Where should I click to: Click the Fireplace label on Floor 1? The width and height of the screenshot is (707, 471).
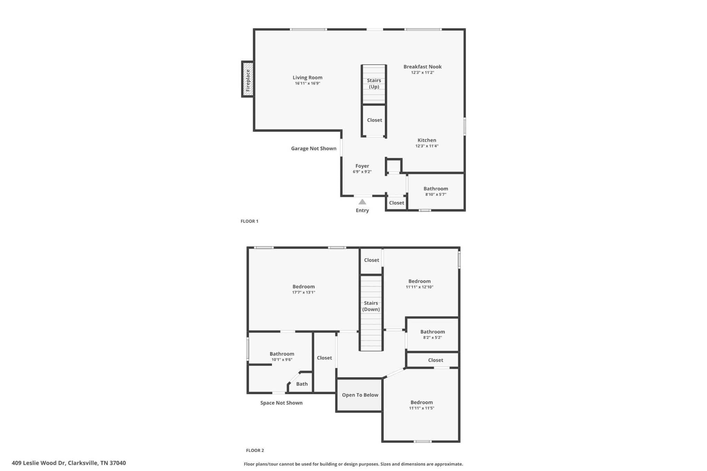(248, 80)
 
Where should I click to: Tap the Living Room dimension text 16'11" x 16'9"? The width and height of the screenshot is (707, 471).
(308, 83)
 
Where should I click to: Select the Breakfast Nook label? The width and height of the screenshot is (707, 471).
(423, 67)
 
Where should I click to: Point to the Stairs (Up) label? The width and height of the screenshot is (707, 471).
(374, 83)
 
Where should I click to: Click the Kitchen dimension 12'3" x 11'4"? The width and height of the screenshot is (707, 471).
(427, 146)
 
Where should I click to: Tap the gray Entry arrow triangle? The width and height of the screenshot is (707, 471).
(362, 202)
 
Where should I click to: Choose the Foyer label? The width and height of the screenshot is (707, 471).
(362, 166)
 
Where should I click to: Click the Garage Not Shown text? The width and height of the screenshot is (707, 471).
(313, 148)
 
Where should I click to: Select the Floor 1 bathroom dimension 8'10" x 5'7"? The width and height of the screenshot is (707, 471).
(436, 194)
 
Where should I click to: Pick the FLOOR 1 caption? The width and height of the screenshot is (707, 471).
(249, 221)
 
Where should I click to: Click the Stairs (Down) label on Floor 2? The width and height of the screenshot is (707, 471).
(371, 306)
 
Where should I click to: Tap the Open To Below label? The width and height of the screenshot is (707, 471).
(360, 395)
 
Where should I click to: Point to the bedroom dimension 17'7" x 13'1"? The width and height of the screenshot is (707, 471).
(303, 292)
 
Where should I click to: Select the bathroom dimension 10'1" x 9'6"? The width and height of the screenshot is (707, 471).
(282, 360)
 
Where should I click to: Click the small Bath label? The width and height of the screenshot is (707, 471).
(302, 384)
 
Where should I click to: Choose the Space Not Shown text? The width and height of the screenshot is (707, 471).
(281, 403)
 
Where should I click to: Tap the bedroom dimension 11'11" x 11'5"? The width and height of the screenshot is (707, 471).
(422, 408)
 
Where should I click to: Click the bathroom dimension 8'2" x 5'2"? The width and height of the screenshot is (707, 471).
(433, 338)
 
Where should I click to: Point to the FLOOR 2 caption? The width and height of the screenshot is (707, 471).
(255, 450)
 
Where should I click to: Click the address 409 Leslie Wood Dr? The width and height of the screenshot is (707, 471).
(38, 463)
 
